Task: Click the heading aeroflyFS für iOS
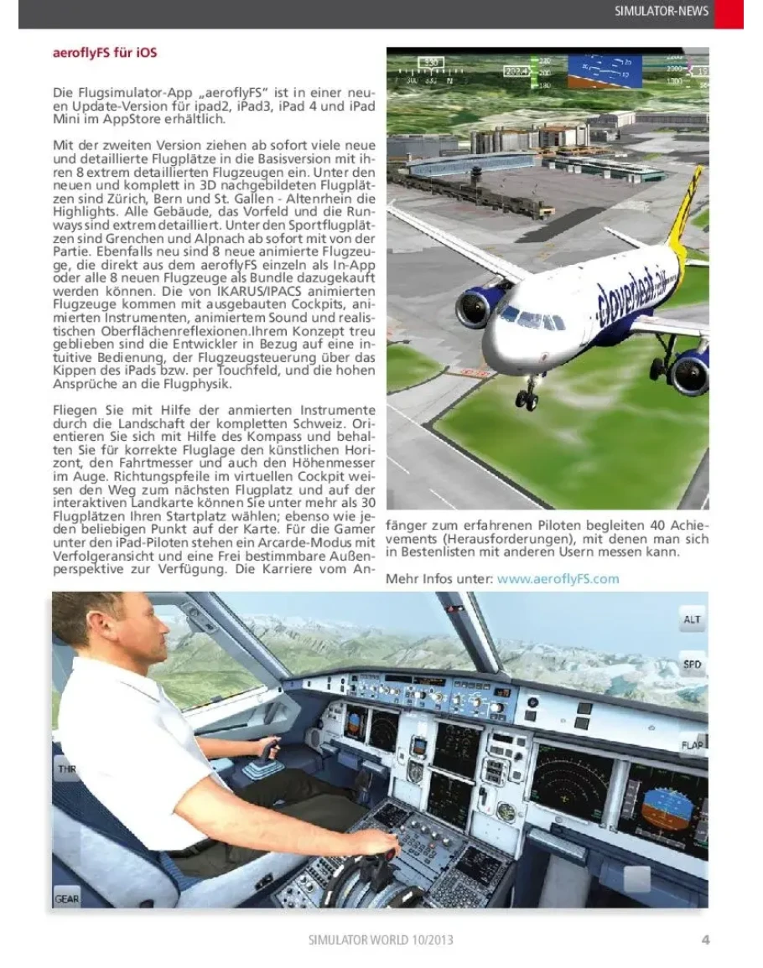(x=105, y=53)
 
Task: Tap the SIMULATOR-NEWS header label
(x=662, y=11)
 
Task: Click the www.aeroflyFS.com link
(x=558, y=578)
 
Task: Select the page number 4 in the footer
(x=705, y=940)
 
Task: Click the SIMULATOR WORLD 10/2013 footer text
(x=381, y=940)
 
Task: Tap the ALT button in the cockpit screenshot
(x=693, y=621)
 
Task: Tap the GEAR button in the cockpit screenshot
(x=67, y=898)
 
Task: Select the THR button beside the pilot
(x=65, y=768)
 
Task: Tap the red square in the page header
(x=729, y=13)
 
